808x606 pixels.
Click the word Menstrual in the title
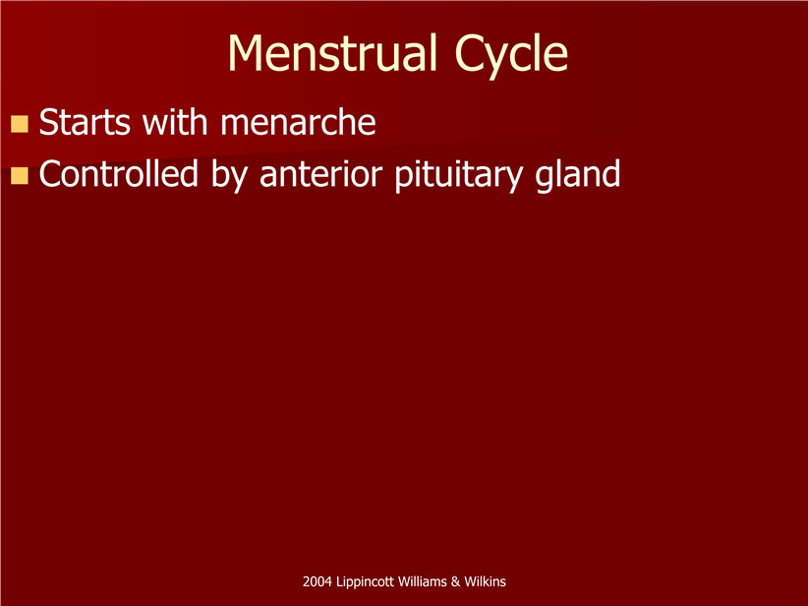pos(333,53)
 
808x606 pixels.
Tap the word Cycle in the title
pos(511,56)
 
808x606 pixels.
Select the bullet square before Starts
pos(19,124)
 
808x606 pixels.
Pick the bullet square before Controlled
pos(19,175)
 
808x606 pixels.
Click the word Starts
pos(85,122)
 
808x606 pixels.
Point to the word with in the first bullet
pos(175,122)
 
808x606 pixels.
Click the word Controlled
pos(119,173)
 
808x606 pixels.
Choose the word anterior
pos(320,174)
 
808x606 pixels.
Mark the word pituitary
pos(459,175)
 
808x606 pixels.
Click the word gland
pos(578,175)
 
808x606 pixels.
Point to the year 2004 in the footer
pos(317,581)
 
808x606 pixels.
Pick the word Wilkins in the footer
pos(485,581)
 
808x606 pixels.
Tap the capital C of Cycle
pos(469,53)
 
